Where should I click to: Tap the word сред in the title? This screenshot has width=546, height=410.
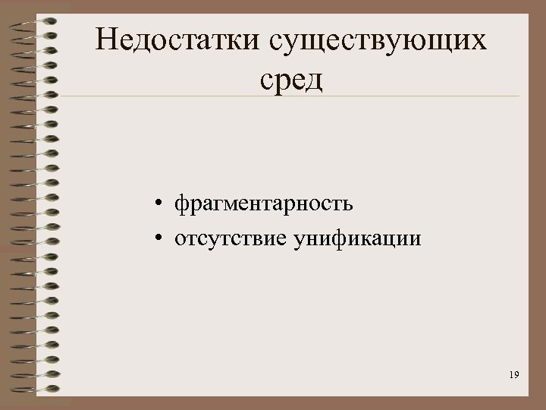pyautogui.click(x=292, y=78)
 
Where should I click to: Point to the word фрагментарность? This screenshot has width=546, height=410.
pyautogui.click(x=263, y=204)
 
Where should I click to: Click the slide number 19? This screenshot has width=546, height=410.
pyautogui.click(x=514, y=375)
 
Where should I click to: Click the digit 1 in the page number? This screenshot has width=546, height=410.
pyautogui.click(x=511, y=375)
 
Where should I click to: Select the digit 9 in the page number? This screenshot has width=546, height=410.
pyautogui.click(x=517, y=375)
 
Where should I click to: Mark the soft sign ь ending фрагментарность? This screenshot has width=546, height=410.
pyautogui.click(x=347, y=204)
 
